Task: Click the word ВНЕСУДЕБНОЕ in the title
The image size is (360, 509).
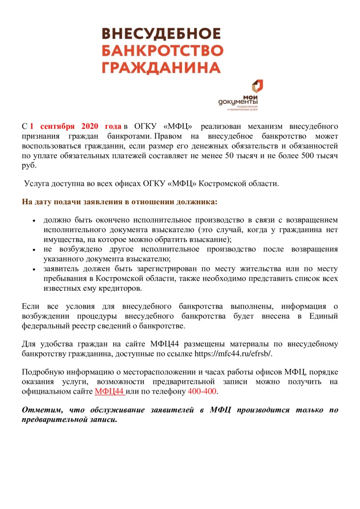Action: (161, 34)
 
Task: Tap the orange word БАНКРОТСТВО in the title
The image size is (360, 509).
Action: (162, 51)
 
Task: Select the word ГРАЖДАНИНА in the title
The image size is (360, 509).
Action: (161, 68)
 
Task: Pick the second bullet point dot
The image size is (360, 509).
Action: (34, 250)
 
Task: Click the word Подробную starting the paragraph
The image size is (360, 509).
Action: (44, 372)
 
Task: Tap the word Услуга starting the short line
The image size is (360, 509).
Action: (37, 184)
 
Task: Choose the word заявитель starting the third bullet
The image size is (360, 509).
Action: (61, 269)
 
